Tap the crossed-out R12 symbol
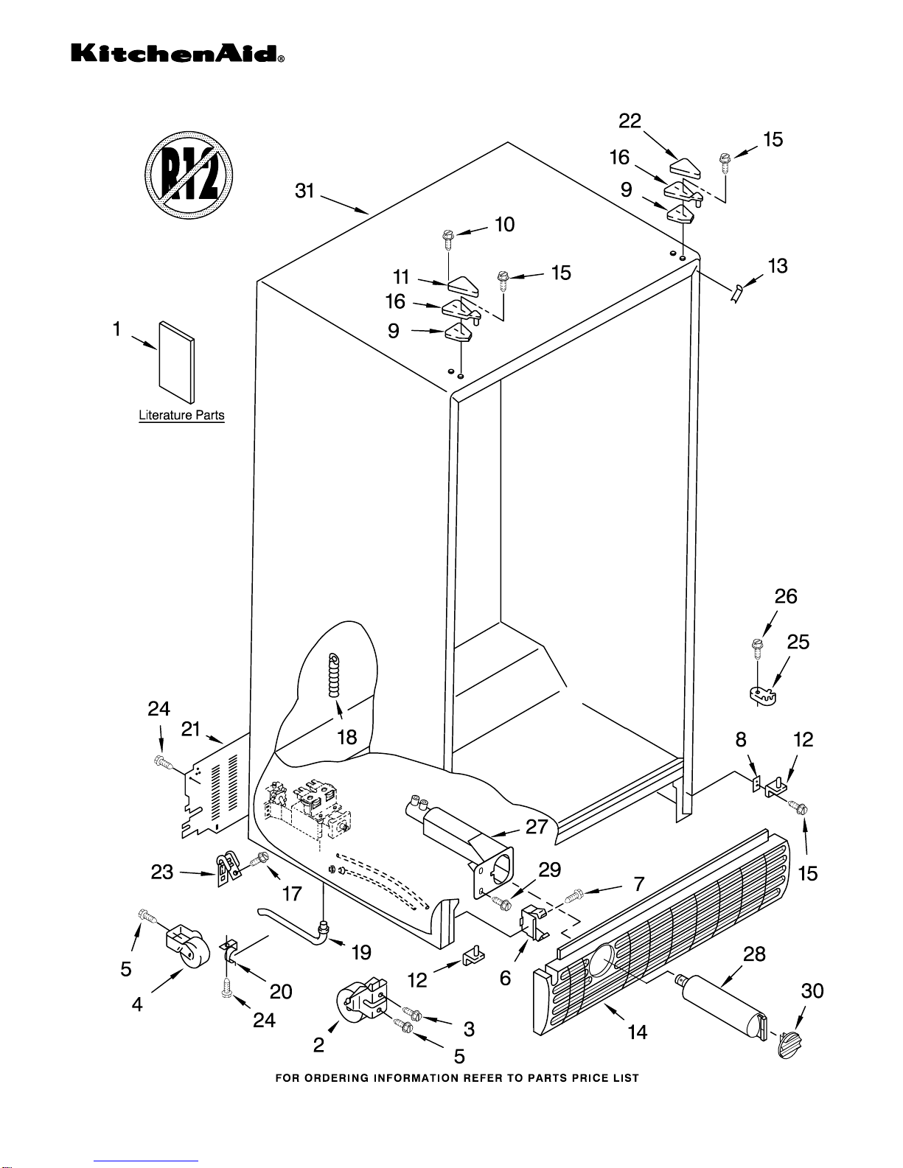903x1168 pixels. pyautogui.click(x=189, y=175)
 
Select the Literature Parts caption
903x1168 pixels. pyautogui.click(x=181, y=416)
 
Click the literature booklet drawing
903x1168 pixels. pyautogui.click(x=177, y=364)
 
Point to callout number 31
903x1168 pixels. pyautogui.click(x=304, y=191)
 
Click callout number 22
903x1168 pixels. pyautogui.click(x=630, y=121)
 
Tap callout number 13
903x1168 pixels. pyautogui.click(x=778, y=266)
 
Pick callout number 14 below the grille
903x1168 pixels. pyautogui.click(x=637, y=1032)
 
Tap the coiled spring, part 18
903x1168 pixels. pyautogui.click(x=335, y=674)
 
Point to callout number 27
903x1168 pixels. pyautogui.click(x=537, y=827)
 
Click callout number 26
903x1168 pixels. pyautogui.click(x=786, y=596)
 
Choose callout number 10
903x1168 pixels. pyautogui.click(x=504, y=224)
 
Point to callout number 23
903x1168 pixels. pyautogui.click(x=162, y=872)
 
